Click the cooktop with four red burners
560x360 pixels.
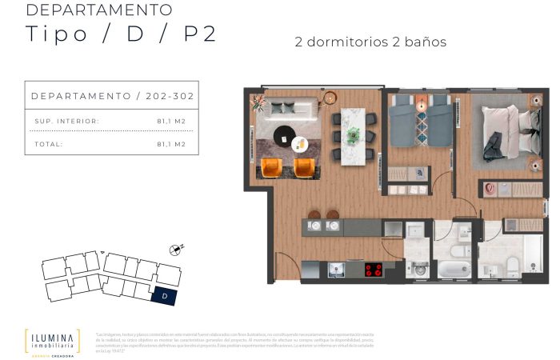[374, 270]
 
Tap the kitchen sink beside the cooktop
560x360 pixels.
[335, 269]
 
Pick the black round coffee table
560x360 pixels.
[283, 134]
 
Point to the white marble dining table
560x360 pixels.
[353, 136]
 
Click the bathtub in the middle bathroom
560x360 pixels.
[455, 268]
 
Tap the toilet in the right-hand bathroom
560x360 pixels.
[512, 266]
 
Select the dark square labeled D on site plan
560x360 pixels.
[165, 296]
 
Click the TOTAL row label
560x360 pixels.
[48, 144]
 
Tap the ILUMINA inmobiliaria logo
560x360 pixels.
[52, 340]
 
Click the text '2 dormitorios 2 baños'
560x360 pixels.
[370, 42]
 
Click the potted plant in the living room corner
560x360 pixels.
[258, 102]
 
